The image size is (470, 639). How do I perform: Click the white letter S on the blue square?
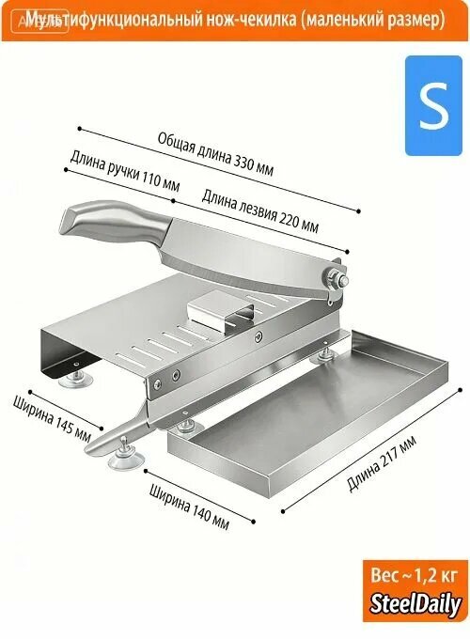click(433, 105)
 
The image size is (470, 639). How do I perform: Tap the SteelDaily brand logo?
click(415, 604)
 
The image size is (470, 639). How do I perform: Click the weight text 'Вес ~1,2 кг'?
click(415, 575)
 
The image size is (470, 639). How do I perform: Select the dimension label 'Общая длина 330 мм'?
click(215, 154)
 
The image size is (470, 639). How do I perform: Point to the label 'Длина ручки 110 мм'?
click(125, 170)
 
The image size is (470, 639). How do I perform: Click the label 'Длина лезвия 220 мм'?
click(259, 210)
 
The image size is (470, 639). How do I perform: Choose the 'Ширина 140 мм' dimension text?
click(189, 507)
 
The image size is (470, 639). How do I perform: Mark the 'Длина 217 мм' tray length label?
click(382, 463)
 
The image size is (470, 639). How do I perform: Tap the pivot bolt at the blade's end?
click(337, 279)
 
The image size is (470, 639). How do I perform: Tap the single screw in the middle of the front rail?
click(258, 336)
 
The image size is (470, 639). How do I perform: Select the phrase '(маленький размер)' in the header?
click(372, 20)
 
